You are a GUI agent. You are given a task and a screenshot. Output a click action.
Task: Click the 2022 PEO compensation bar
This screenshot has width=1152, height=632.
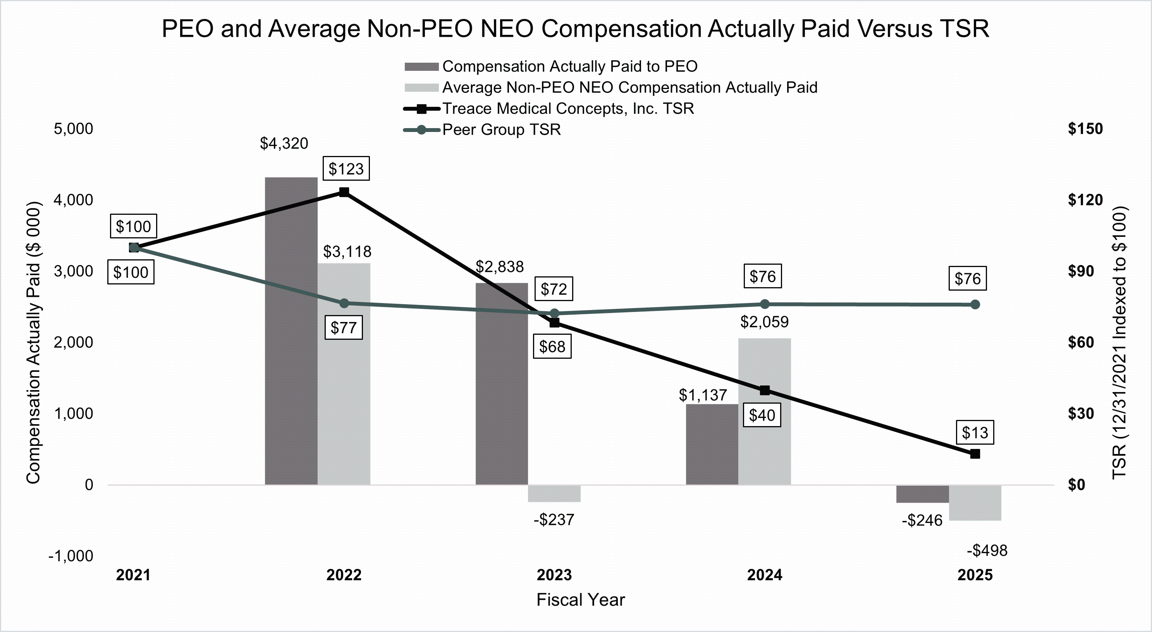click(291, 331)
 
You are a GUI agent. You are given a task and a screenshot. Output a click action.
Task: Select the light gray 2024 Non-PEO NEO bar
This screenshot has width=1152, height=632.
click(764, 411)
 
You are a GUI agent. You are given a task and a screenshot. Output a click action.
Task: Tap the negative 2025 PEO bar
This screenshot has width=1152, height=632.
click(922, 494)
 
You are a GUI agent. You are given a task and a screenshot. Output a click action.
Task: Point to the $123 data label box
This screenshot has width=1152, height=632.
click(346, 168)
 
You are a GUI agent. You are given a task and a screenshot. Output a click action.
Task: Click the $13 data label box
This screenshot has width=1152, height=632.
click(975, 432)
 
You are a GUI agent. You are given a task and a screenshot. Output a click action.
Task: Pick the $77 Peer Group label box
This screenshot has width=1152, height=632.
click(344, 328)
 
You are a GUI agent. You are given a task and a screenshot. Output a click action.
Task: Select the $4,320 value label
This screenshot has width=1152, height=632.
click(284, 144)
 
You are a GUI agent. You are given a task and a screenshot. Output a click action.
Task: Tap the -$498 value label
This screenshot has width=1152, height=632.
click(987, 550)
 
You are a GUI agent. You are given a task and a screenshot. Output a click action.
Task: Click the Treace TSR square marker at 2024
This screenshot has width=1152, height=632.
click(765, 390)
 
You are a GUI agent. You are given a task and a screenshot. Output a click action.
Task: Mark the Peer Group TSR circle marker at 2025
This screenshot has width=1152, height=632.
click(975, 304)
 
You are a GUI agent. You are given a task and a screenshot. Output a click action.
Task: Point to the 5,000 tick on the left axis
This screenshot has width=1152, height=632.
click(73, 129)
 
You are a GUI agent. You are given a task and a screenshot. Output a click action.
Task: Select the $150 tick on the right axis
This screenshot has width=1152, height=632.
click(1085, 129)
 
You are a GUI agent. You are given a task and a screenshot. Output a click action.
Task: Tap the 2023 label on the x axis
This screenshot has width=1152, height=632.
click(554, 575)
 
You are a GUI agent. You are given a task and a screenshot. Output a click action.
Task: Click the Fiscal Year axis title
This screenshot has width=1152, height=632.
click(581, 600)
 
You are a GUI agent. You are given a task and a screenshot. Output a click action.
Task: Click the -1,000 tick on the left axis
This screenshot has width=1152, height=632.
click(70, 556)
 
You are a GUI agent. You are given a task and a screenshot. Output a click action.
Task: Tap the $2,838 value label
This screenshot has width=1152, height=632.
click(500, 267)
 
